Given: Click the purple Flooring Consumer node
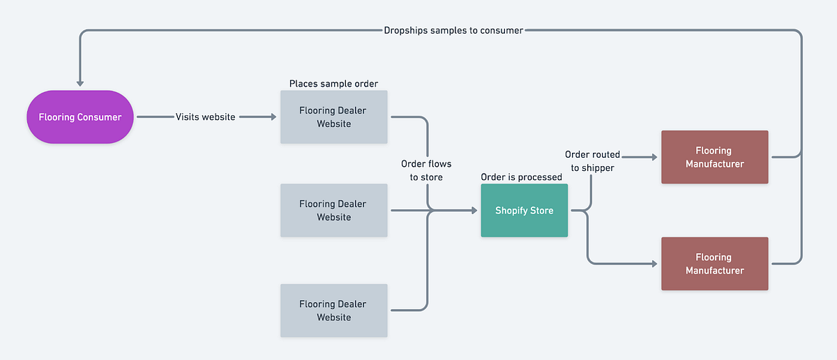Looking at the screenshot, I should [x=80, y=117].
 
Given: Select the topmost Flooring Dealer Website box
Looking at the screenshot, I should [x=333, y=117].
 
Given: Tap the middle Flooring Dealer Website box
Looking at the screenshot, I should [x=333, y=211].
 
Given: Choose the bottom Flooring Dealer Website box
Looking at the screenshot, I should [x=333, y=310].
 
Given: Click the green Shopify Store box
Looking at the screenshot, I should [x=524, y=211].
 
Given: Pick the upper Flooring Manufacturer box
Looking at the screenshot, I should [x=714, y=157].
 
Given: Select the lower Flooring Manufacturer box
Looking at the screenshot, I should [x=714, y=264].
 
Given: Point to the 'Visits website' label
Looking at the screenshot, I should [x=204, y=117].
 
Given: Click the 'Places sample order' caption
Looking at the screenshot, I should [x=333, y=84].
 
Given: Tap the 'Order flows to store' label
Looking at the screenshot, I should [x=425, y=170].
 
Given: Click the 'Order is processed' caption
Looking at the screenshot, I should [x=521, y=177].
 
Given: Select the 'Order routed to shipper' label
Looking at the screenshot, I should [x=592, y=160].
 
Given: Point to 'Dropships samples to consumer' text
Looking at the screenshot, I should [x=453, y=31].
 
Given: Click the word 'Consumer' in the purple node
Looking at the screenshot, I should [x=99, y=117].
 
